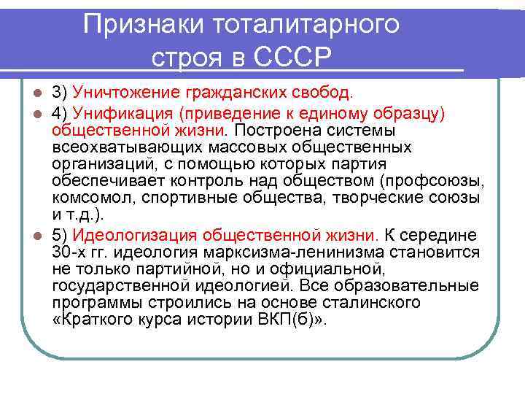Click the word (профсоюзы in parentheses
tap(441, 181)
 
